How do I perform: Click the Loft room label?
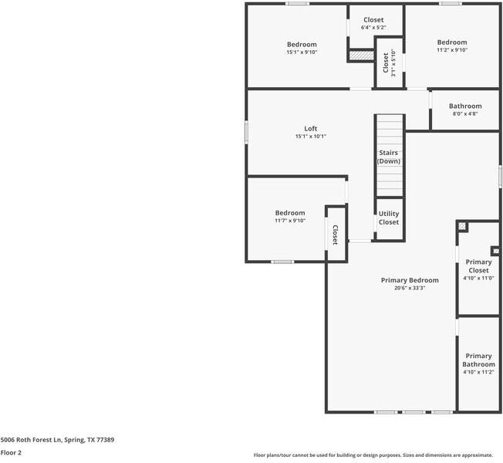coord(310,129)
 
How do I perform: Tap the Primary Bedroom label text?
coord(410,280)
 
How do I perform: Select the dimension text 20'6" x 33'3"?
coord(410,288)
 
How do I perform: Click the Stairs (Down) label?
coord(388,157)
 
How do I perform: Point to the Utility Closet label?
coord(389,218)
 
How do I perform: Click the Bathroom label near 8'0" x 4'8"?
coord(465,106)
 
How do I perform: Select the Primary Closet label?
coord(478,266)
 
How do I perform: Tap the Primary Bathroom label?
coord(478,360)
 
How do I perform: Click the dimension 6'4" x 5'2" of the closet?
coord(373,28)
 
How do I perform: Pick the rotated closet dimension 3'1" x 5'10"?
coord(393,64)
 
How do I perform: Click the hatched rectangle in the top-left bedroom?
coord(360,56)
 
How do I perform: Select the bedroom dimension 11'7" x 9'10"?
coord(290,221)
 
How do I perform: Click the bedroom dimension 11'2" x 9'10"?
coord(452,50)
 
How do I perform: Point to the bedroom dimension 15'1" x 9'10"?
coord(302,52)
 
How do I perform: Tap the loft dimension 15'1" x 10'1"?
coord(310,137)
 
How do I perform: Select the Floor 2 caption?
coord(11,453)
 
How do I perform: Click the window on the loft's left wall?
coord(247,132)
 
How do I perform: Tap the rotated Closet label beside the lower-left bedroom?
coord(335,235)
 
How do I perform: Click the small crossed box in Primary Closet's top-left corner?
coord(462,226)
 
